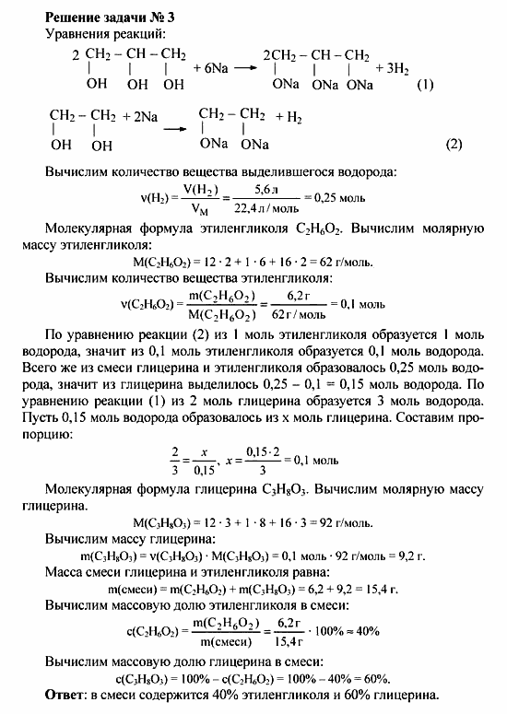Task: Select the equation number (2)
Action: (x=453, y=145)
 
